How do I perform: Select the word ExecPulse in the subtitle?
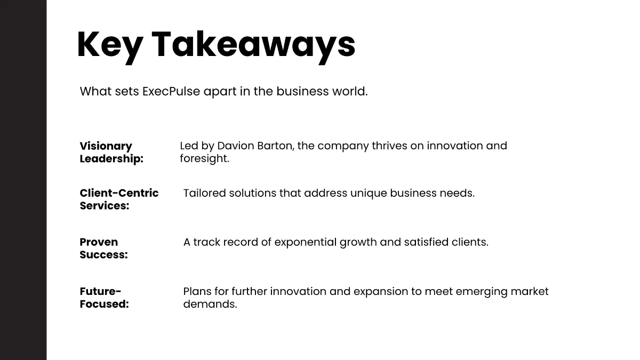click(x=171, y=91)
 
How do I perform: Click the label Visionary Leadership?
click(x=111, y=153)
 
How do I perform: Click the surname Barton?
click(x=275, y=146)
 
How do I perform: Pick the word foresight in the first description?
click(x=204, y=158)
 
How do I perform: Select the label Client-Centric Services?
click(x=119, y=199)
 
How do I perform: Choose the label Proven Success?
click(x=103, y=249)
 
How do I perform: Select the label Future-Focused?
click(x=104, y=298)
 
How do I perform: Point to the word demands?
click(x=210, y=305)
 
